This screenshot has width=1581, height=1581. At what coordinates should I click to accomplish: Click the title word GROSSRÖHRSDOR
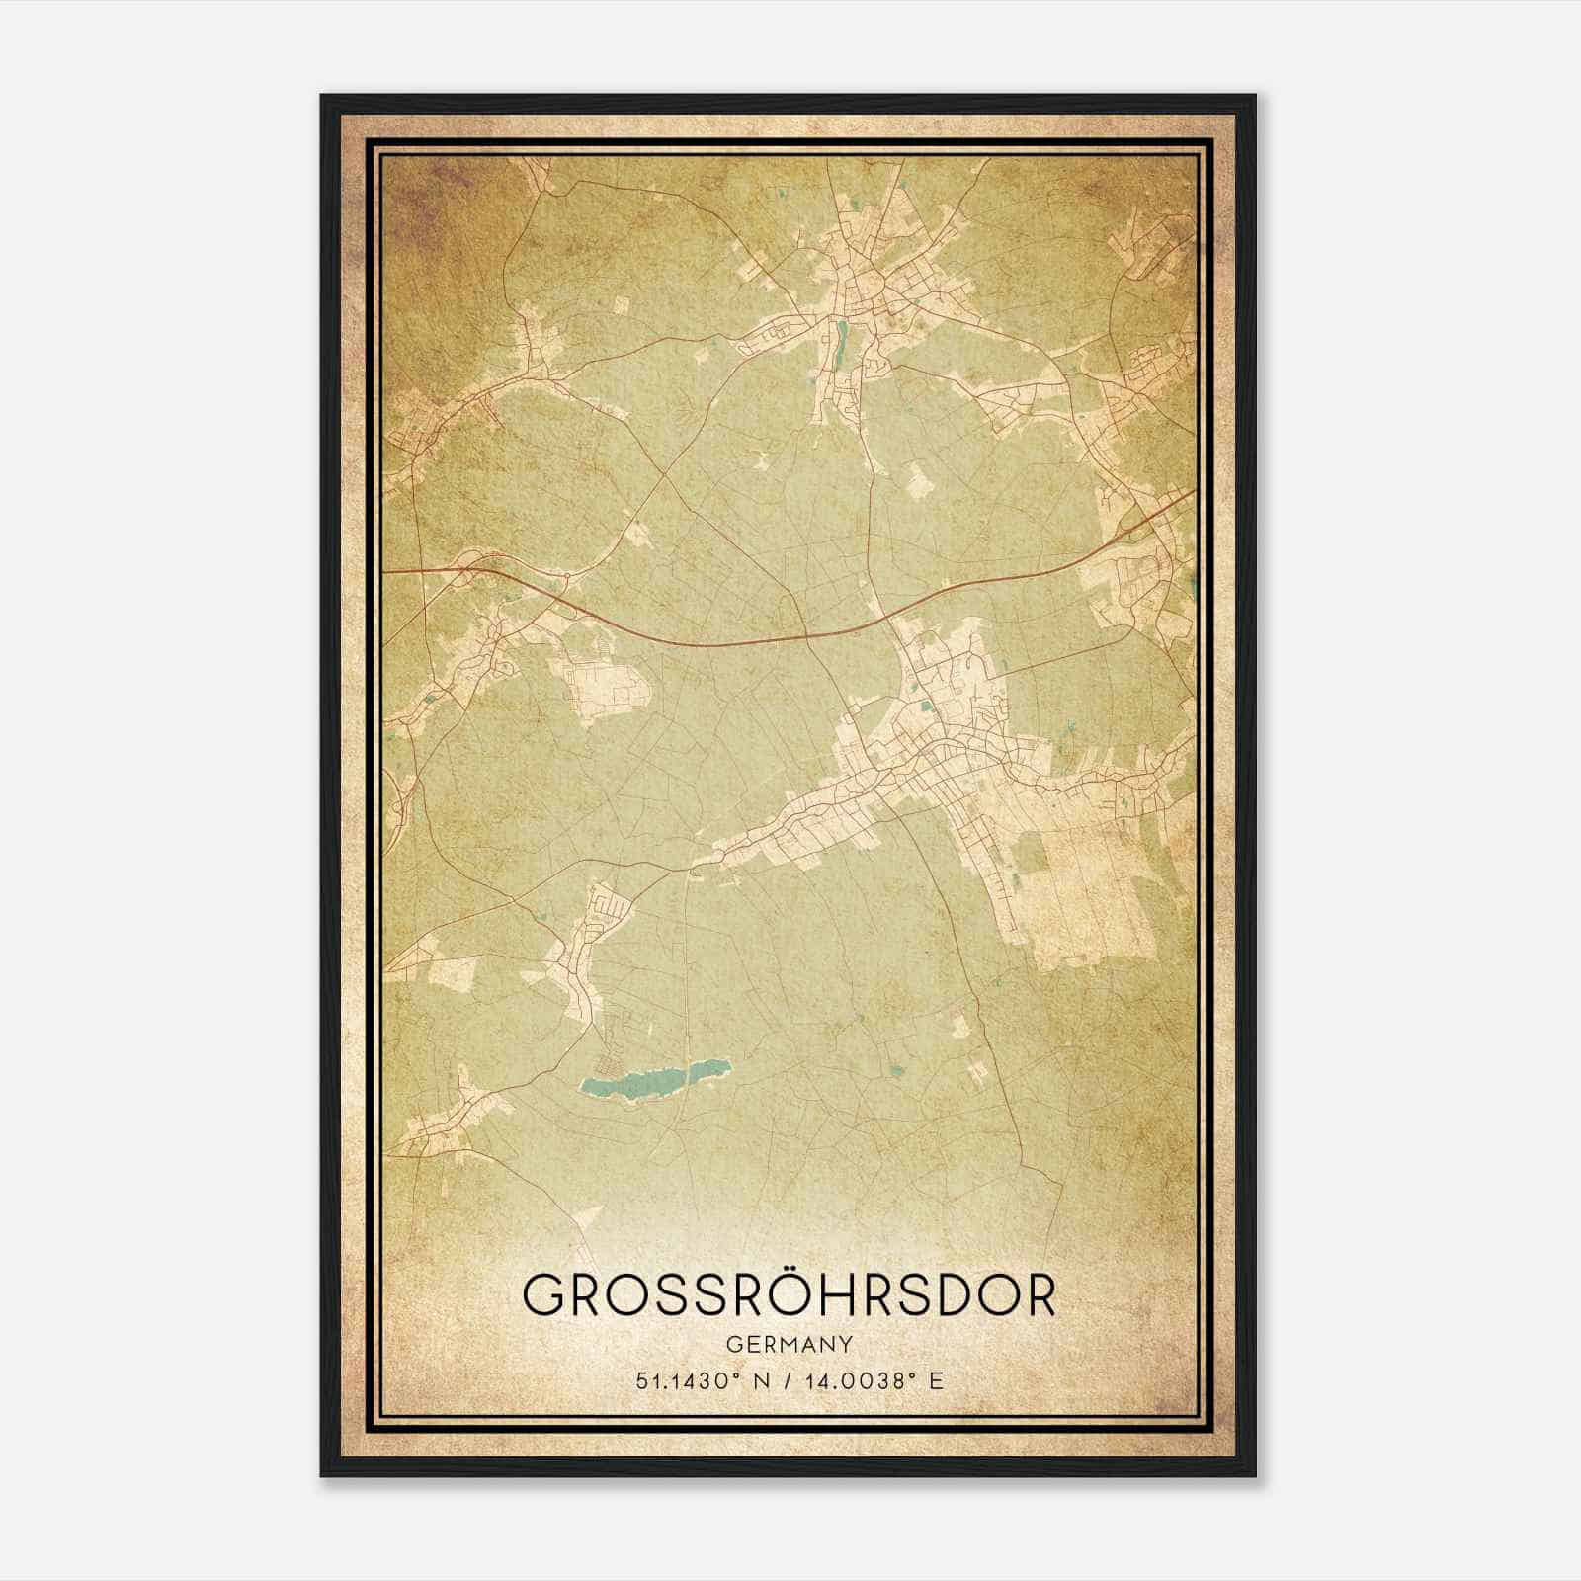point(788,1295)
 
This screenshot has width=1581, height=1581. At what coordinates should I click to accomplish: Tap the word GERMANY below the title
point(788,1344)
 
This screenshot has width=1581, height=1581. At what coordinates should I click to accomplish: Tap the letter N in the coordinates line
point(760,1380)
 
